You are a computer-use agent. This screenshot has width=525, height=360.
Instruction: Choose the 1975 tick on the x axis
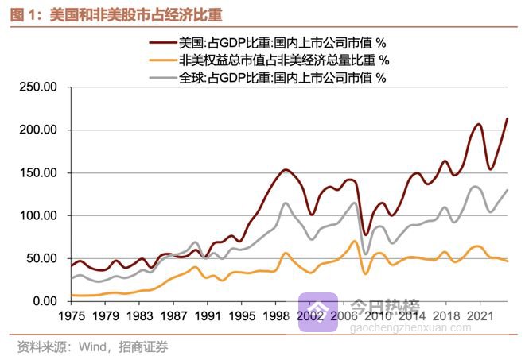[71, 315]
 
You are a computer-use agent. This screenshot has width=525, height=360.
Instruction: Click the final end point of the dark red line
[507, 118]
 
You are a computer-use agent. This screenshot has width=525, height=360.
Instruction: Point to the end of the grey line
[507, 190]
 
